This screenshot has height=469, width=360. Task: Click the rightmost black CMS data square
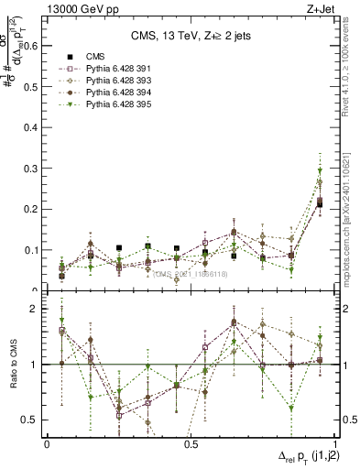point(319,203)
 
